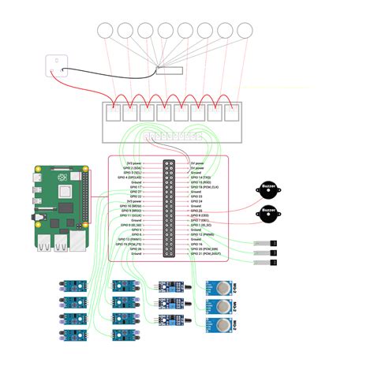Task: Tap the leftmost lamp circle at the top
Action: (104, 32)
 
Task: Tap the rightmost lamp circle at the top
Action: (246, 32)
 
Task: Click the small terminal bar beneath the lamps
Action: (169, 70)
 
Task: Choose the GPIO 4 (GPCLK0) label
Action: (127, 178)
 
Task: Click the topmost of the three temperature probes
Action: (265, 244)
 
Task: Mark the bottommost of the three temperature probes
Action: (265, 260)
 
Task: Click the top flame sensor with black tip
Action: (169, 288)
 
